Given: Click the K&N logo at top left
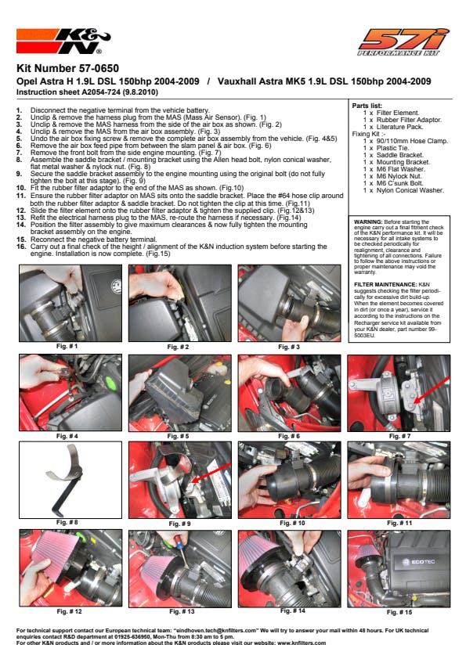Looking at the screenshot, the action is point(63,41).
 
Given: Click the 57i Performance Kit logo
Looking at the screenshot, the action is point(403,41).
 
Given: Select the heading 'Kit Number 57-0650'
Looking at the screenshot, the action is point(67,69).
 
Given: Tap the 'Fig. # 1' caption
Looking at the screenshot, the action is point(67,346).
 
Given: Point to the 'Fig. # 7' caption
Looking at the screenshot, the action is point(399,436).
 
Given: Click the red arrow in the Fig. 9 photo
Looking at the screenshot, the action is point(211,474).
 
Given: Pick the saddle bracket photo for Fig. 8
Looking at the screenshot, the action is point(70,480).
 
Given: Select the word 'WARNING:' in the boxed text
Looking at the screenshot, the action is point(368,222).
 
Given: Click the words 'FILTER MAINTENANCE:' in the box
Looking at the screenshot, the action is point(385,285).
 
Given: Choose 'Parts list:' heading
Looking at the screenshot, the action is point(367,106).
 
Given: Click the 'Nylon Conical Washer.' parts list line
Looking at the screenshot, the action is point(403,190).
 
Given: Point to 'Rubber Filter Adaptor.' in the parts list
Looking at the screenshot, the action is point(403,120).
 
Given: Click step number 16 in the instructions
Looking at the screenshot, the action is point(21,247).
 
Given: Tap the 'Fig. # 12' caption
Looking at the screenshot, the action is point(70,611).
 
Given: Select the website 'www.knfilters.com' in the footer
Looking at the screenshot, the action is point(302,643).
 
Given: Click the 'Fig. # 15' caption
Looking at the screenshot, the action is point(399,612).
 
